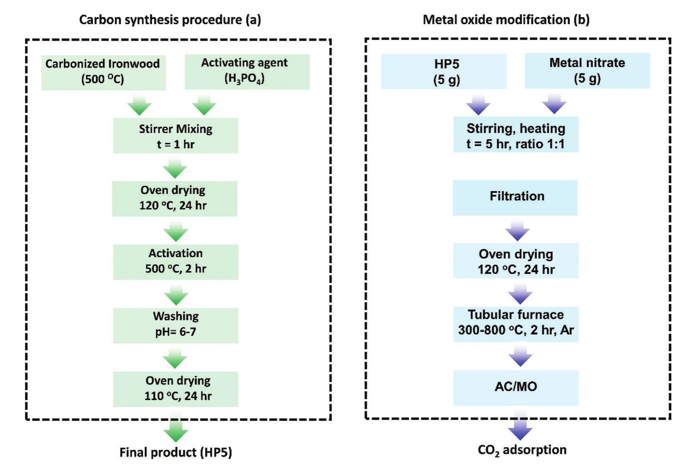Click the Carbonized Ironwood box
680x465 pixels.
pos(103,72)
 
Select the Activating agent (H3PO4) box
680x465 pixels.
pos(247,71)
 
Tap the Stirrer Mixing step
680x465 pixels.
pos(175,136)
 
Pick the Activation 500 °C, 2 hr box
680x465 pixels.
pos(175,261)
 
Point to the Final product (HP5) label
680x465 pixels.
pos(175,452)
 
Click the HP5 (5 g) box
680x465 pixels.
pos(443,71)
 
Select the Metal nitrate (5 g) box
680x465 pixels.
pos(587,70)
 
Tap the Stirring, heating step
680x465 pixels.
pos(516,135)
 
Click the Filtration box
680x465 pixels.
pos(515,197)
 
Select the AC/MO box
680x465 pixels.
pos(516,387)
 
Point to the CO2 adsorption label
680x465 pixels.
pos(522,450)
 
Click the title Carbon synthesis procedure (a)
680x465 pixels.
pos(170,20)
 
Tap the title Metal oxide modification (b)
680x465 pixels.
pos(506,20)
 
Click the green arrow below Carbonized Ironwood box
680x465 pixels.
pos(139,105)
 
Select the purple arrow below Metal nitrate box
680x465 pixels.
pos(554,104)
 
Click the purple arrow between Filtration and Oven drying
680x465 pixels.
pos(517,230)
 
